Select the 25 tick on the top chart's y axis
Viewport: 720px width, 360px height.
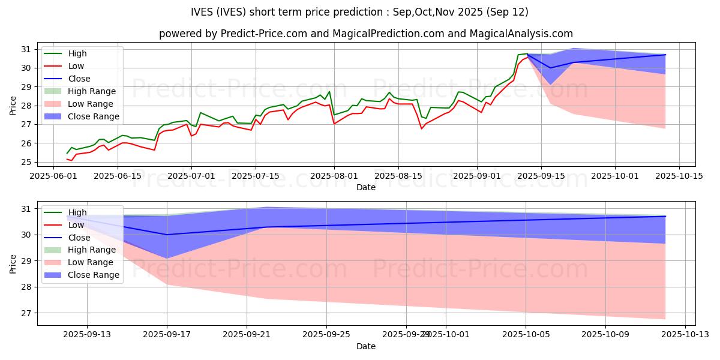click(x=29, y=162)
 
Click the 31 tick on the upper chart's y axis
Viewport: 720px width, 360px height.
click(x=29, y=49)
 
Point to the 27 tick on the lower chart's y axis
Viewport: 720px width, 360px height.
click(x=29, y=313)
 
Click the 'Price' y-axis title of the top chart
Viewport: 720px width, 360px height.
click(x=13, y=106)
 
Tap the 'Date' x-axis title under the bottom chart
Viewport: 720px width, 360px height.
click(x=366, y=346)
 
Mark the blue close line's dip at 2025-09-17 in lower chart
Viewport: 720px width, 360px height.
click(x=167, y=235)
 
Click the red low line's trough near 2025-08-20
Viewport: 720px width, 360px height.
click(x=421, y=128)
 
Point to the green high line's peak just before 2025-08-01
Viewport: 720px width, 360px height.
click(x=329, y=91)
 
